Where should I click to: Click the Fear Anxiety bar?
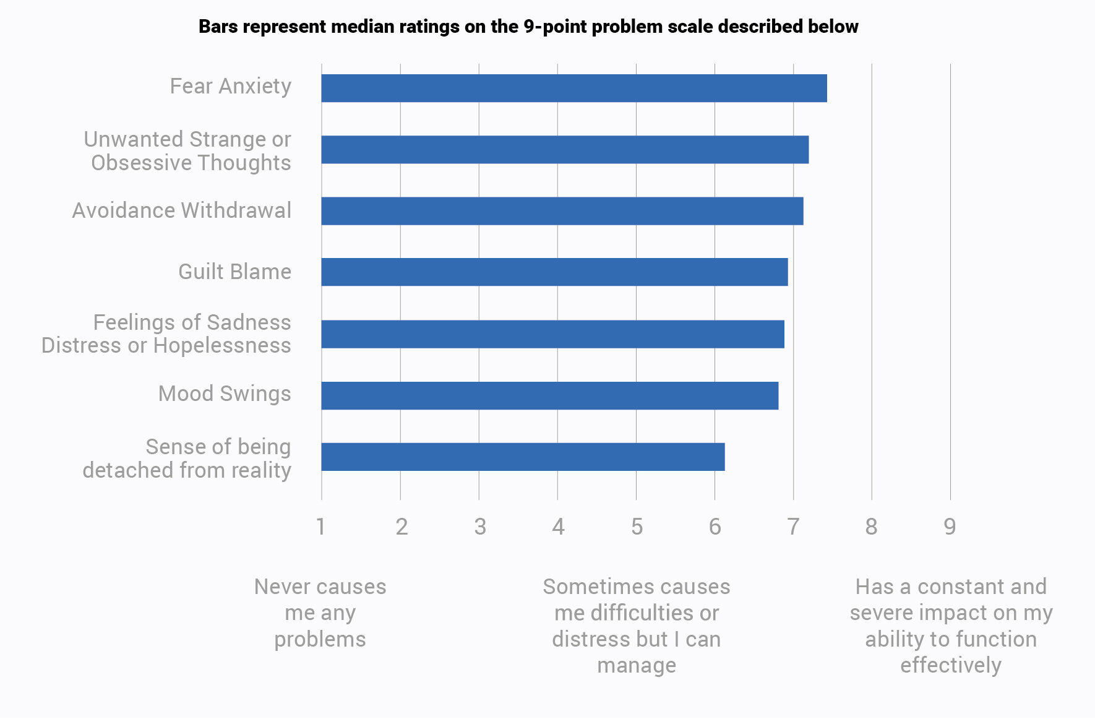point(574,88)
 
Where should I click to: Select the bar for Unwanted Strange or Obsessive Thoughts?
point(565,150)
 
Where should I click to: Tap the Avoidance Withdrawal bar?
point(562,211)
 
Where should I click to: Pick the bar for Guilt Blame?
point(554,272)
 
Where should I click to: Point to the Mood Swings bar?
point(549,395)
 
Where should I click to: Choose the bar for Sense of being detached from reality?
point(523,457)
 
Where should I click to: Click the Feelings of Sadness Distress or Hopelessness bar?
point(552,334)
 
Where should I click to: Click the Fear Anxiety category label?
point(230,86)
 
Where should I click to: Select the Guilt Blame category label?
point(234,272)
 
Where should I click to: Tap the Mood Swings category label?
point(224,394)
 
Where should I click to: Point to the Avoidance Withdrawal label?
point(181,210)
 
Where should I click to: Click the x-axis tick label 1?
point(320,527)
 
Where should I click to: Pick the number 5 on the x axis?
point(637,527)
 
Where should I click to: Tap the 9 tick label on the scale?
point(950,527)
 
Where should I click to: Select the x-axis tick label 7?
point(793,527)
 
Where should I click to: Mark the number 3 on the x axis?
point(479,527)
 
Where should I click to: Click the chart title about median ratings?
point(528,27)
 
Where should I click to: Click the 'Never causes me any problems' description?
point(320,613)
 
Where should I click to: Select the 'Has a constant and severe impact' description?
point(951,626)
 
